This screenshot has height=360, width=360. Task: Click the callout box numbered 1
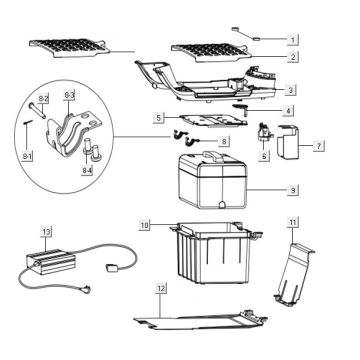coord(293,40)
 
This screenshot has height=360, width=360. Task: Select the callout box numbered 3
coord(291,90)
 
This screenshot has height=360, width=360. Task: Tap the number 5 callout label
coord(159,118)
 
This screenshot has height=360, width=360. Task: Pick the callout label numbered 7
coord(319,146)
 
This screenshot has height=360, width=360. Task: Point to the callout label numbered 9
coord(293,190)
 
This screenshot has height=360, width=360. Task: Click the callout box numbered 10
coord(145,225)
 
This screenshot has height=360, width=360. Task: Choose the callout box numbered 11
coord(293,222)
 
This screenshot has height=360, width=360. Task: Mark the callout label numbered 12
coord(161,289)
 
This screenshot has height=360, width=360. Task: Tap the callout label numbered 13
coord(46,231)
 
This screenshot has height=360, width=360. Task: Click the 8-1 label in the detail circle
coord(27,156)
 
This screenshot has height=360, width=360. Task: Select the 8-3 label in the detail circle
coord(69,96)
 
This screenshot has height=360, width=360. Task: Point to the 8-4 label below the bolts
coord(87,171)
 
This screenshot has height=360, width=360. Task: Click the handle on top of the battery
coord(213,154)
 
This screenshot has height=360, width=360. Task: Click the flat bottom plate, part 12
coord(200,319)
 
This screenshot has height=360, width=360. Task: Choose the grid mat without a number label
coord(69,48)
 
